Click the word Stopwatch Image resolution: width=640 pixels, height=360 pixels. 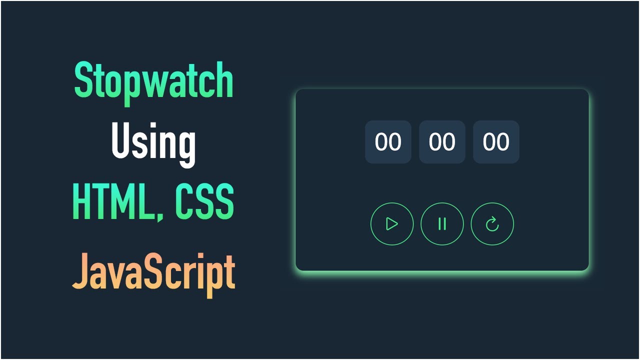(154, 81)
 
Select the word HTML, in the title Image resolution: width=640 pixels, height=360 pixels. (119, 202)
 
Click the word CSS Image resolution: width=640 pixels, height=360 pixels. (204, 202)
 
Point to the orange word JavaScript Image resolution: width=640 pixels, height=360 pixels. (154, 272)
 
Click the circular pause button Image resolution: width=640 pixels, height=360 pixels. (442, 224)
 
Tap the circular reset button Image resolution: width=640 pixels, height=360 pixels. (492, 224)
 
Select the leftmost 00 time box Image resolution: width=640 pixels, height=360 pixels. (388, 142)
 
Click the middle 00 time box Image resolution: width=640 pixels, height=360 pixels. (442, 142)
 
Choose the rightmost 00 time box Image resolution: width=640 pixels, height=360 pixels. (496, 142)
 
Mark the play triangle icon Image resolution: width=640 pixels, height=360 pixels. (392, 224)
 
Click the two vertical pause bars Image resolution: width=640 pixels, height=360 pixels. (442, 224)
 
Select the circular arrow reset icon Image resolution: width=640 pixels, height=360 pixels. (492, 224)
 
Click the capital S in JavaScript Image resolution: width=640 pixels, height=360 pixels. (154, 270)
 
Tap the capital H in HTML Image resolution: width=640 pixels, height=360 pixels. (82, 202)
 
